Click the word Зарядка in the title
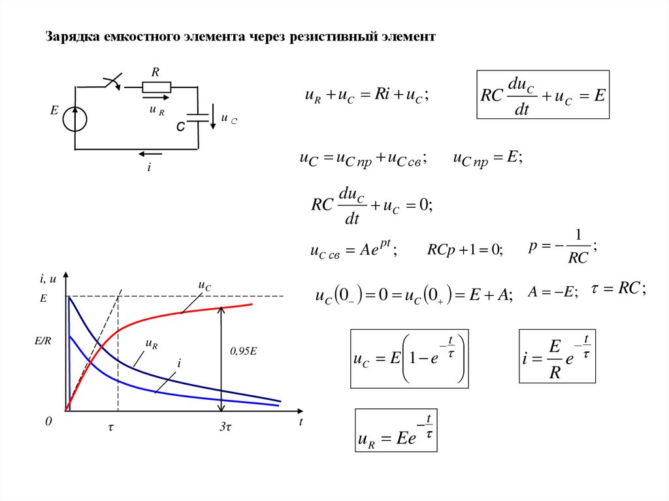point(72,37)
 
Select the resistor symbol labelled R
point(156,87)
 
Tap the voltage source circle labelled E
point(76,118)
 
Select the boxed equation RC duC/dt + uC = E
point(543,95)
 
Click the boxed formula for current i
point(557,356)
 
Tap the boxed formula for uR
point(395,430)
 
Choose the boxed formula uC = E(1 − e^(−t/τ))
point(409,359)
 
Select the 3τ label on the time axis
point(225,425)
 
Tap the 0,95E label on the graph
point(243,351)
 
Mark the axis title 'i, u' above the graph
point(48,280)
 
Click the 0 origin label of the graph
point(48,423)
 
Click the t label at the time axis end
point(301,422)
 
